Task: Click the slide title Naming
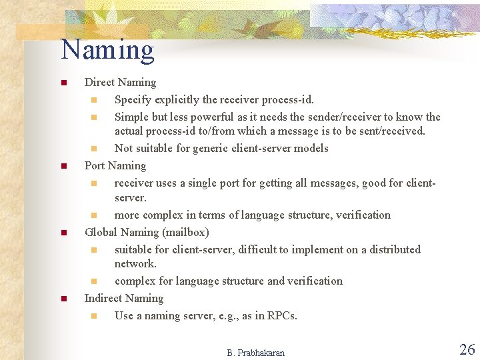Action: (x=107, y=51)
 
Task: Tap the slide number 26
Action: (x=467, y=349)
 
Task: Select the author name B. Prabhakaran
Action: (x=255, y=353)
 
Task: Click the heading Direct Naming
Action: (x=120, y=83)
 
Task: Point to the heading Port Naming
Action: (x=115, y=165)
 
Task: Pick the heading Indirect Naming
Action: (x=123, y=298)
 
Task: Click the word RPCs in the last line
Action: (x=281, y=315)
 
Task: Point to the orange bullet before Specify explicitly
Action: (x=94, y=101)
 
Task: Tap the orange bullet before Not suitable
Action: (x=94, y=149)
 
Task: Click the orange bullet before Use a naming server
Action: (x=94, y=316)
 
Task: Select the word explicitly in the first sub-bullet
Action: (x=176, y=100)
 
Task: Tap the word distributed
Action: (x=394, y=249)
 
